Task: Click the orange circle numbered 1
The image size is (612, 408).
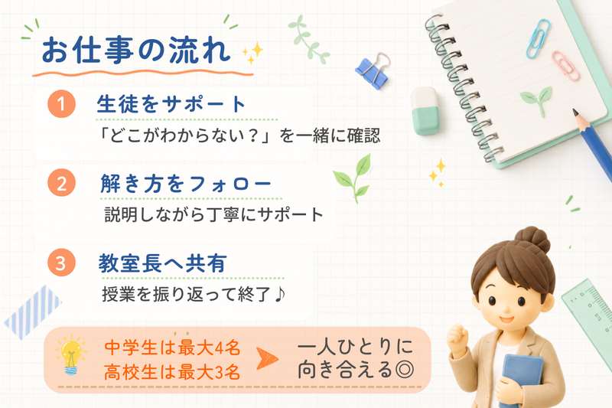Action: pos(61,103)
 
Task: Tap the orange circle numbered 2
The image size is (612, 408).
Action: pos(61,183)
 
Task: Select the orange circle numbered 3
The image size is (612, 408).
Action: pos(61,263)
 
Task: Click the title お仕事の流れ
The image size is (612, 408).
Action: pos(136,51)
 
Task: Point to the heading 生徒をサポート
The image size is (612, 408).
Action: pos(171,104)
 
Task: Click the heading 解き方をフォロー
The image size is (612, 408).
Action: pos(186,184)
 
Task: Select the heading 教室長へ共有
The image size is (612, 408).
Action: pos(162,263)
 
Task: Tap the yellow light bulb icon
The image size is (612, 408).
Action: pos(71,355)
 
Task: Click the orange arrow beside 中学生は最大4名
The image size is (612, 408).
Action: pos(267,358)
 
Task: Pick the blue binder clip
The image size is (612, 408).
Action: pos(373,70)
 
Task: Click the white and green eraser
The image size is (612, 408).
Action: pos(425,111)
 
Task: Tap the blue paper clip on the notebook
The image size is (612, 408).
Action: pos(538,39)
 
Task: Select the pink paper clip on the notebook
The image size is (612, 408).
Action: pos(565,66)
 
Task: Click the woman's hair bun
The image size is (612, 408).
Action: pos(532,239)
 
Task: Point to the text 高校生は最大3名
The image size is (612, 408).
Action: pos(171,372)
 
